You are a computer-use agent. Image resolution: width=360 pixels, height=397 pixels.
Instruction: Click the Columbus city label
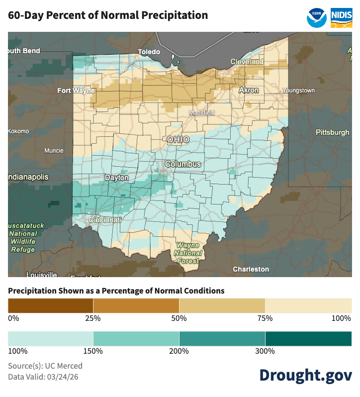(x=183, y=164)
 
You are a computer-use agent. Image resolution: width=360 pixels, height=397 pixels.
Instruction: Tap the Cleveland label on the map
(x=247, y=62)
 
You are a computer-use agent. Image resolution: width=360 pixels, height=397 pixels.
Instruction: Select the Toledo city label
(x=149, y=52)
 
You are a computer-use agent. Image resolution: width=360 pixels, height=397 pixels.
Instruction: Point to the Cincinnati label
(x=105, y=219)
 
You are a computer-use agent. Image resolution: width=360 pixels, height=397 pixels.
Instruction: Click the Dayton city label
(x=116, y=178)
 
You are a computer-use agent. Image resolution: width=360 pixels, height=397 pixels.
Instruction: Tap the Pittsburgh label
(x=332, y=132)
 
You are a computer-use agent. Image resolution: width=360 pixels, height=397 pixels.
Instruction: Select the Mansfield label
(x=201, y=113)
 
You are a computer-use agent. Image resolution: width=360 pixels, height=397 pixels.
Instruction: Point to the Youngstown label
(x=298, y=91)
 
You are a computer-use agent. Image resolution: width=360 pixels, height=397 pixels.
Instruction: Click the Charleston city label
(x=251, y=269)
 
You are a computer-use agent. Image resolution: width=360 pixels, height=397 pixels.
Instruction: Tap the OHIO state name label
(x=178, y=140)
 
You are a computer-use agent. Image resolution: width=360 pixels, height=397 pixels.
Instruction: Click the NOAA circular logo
(x=317, y=17)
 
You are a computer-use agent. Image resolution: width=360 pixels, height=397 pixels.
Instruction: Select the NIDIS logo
(x=342, y=17)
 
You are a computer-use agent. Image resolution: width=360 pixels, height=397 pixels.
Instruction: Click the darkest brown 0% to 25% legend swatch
(x=50, y=305)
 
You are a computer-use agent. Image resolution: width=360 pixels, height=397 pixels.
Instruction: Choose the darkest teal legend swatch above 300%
(x=308, y=339)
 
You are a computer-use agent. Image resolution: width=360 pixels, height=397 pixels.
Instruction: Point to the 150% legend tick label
(x=93, y=351)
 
